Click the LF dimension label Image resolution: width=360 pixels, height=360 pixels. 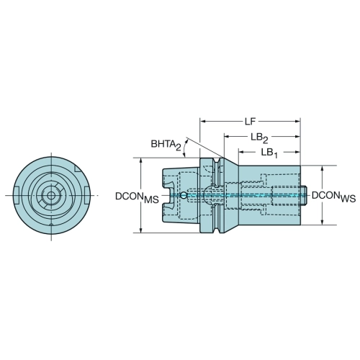tap(250, 122)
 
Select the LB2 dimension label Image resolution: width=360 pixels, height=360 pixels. tap(259, 138)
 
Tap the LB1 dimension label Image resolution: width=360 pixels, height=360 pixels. tap(269, 153)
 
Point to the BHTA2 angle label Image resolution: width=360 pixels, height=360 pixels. tap(166, 145)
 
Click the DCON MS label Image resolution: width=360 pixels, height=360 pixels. tap(137, 197)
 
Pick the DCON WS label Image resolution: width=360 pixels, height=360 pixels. tap(333, 197)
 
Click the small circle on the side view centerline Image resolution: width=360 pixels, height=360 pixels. tap(184, 195)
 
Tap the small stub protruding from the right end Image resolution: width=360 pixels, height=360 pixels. tap(303, 195)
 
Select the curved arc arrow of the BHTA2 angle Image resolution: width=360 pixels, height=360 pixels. tap(185, 148)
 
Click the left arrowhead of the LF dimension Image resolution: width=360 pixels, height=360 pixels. tap(203, 122)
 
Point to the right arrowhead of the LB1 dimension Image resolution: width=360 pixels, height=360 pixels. tap(297, 152)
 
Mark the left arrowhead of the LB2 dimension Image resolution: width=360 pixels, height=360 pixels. tap(227, 137)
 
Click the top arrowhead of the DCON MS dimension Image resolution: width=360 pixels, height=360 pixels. tap(141, 161)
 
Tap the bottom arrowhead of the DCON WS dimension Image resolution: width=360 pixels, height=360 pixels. tap(323, 222)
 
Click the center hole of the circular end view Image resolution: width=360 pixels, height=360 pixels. tap(51, 195)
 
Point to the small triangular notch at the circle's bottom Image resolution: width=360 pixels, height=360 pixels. tap(51, 225)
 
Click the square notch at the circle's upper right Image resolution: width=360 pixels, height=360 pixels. tap(78, 168)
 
